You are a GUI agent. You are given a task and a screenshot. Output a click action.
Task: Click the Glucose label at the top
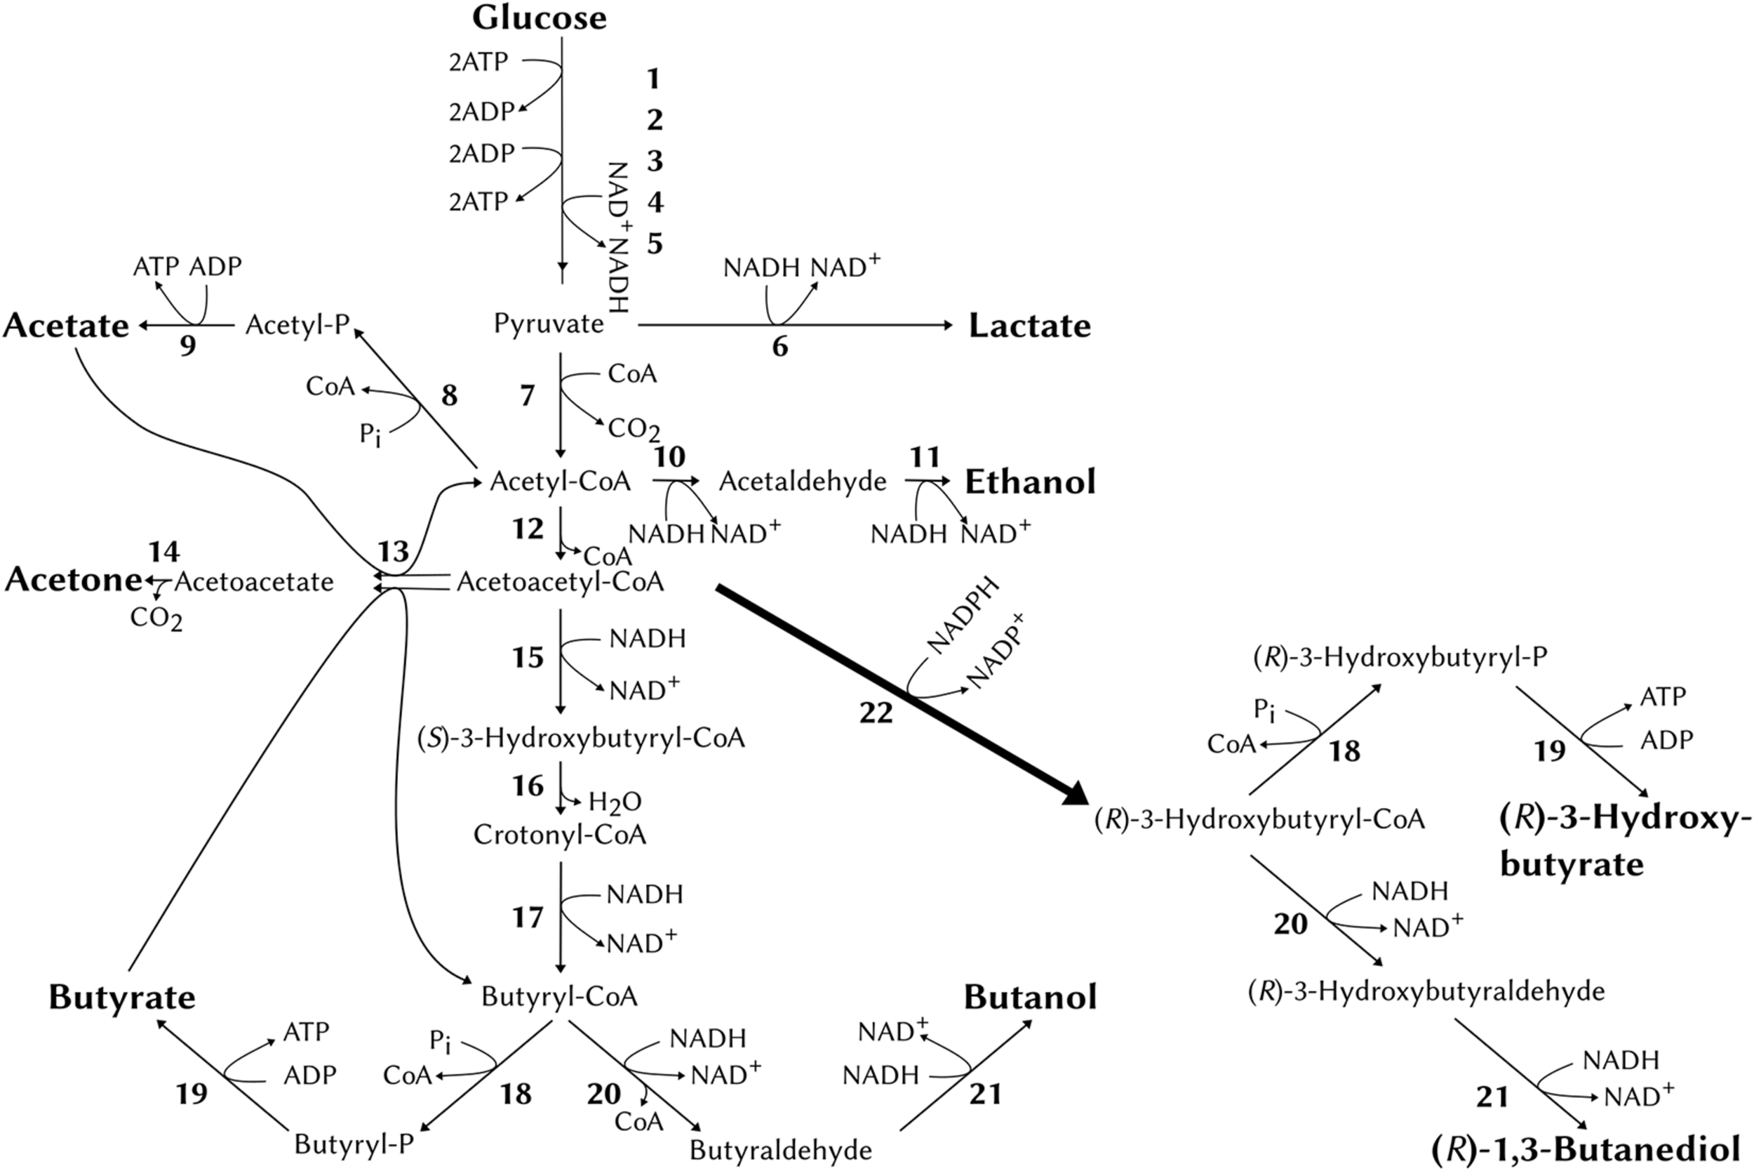[539, 18]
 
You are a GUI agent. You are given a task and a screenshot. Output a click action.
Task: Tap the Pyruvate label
[549, 324]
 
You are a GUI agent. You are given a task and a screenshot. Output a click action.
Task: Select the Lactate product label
[1029, 326]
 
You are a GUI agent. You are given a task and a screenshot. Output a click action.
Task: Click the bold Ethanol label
[1030, 482]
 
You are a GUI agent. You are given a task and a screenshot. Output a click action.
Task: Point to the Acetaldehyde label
[803, 482]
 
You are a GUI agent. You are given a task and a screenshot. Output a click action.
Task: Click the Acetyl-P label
[297, 325]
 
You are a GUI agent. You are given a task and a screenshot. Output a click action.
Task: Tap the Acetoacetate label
[254, 582]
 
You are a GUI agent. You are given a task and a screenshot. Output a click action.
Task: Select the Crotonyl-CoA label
[559, 835]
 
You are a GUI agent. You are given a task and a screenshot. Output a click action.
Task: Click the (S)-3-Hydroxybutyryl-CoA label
[581, 739]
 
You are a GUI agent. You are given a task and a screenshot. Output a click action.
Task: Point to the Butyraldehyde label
[780, 1150]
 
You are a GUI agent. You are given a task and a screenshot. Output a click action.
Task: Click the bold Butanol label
[1030, 997]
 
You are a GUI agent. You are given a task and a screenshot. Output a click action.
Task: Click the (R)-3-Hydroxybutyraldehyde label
[1426, 991]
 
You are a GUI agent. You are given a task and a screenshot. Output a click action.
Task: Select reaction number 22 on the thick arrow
[876, 713]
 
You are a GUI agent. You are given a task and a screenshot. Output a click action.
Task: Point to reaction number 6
[779, 347]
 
